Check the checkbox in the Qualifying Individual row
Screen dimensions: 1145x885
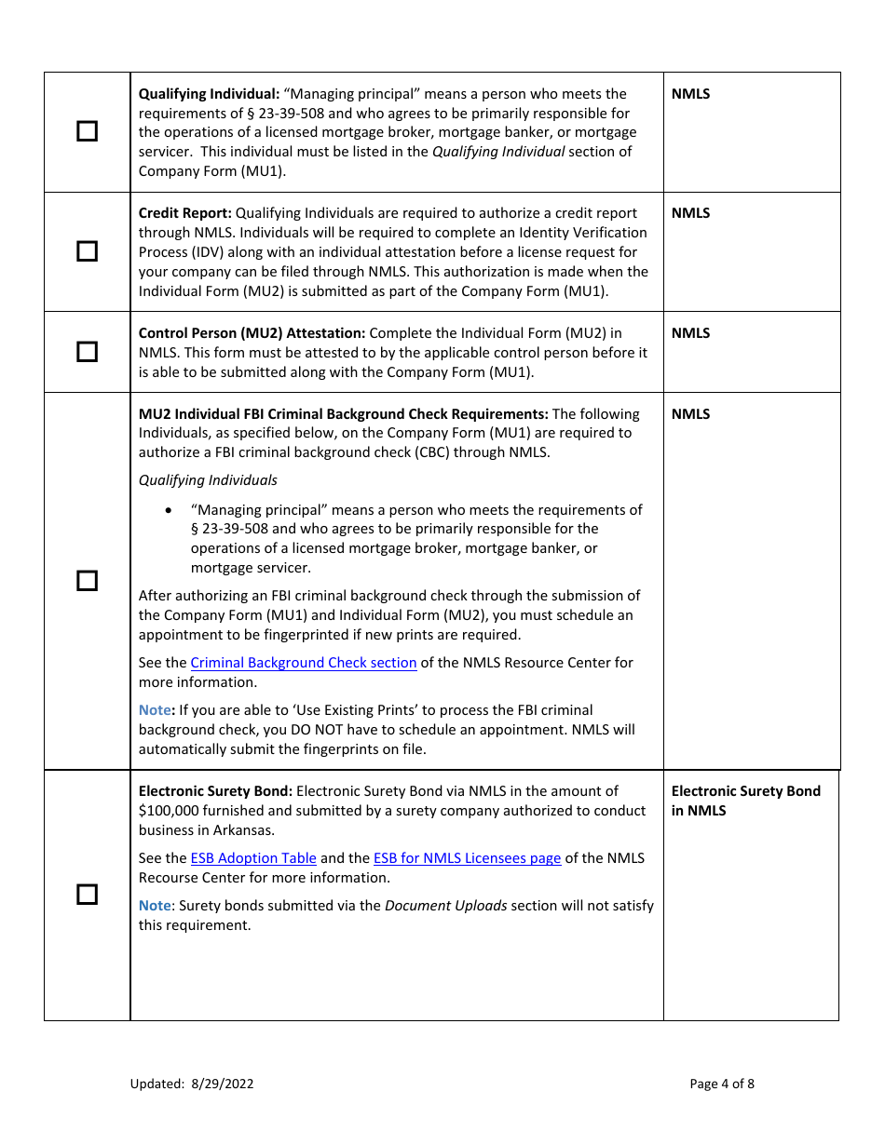87,131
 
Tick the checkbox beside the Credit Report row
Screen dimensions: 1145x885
87,251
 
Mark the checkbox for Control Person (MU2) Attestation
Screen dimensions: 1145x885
87,351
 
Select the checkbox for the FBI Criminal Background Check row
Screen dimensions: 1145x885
87,581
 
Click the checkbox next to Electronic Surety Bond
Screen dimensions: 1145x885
87,895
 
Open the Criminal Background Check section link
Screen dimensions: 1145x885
303,663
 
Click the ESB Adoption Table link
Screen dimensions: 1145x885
253,858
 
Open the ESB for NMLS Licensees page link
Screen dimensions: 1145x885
467,858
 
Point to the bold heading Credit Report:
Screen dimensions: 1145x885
184,213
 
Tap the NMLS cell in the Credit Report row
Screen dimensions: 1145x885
690,213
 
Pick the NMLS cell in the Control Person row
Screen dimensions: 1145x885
690,333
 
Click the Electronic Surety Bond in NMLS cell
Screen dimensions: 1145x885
745,801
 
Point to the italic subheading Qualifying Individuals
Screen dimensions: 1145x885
208,480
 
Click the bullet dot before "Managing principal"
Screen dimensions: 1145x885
168,510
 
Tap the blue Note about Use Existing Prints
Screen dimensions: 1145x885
156,710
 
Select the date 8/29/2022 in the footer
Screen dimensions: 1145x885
223,1084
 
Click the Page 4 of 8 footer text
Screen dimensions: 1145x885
722,1084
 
